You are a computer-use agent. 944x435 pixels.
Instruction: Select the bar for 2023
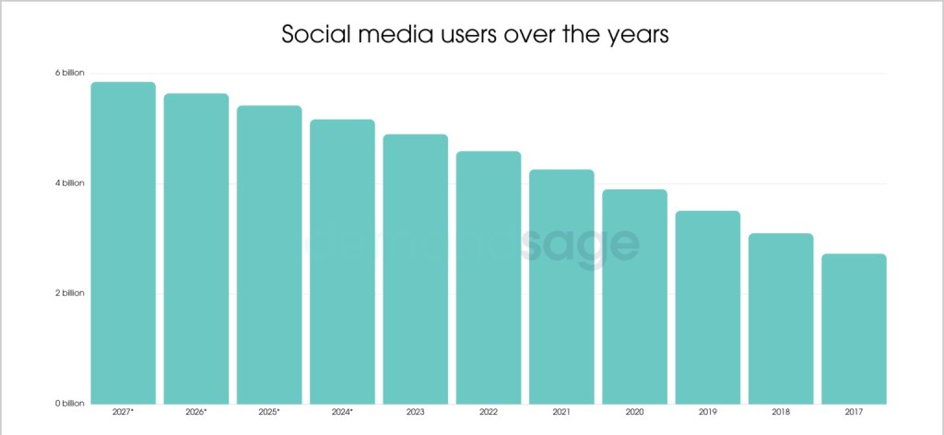pyautogui.click(x=416, y=268)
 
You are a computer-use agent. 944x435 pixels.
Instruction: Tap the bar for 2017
pyautogui.click(x=854, y=328)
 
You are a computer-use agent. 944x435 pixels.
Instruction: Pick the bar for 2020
pyautogui.click(x=634, y=296)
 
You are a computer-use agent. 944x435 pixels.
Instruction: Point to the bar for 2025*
pyautogui.click(x=269, y=254)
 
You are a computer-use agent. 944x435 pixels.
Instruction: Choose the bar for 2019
pyautogui.click(x=707, y=307)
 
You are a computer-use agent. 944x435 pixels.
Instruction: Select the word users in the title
pyautogui.click(x=466, y=38)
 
